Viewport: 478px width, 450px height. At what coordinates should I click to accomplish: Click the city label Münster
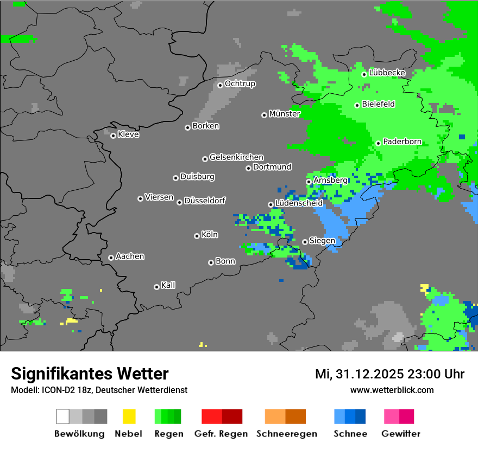pos(284,114)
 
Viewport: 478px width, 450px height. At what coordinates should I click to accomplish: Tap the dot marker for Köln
pos(197,236)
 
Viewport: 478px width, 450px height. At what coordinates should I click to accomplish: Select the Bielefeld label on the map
pos(378,104)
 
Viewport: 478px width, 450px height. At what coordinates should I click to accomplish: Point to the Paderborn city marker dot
pos(378,143)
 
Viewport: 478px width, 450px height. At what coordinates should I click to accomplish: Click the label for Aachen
pos(130,256)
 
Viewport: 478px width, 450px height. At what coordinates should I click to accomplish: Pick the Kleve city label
pos(128,134)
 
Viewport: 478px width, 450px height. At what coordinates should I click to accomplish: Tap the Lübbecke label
pos(387,73)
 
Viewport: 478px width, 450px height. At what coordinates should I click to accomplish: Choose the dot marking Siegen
pos(305,242)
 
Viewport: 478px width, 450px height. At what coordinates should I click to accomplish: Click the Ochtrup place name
pos(240,84)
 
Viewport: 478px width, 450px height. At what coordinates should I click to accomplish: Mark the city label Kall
pos(168,285)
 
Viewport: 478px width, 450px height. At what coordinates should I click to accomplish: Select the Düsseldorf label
pos(204,201)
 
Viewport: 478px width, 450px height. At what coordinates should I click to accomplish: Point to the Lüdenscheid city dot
pos(271,204)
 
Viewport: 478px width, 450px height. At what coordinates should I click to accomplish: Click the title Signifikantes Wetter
pos(90,374)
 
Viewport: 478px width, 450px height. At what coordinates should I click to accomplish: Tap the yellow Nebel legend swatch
pos(129,416)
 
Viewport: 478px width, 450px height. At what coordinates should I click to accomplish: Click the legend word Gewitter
pos(400,434)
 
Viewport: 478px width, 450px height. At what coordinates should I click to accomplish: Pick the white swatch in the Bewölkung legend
pos(62,416)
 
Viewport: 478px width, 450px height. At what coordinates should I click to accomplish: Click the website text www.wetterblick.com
pos(392,390)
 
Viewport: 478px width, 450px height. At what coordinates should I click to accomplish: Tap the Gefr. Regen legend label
pos(221,434)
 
